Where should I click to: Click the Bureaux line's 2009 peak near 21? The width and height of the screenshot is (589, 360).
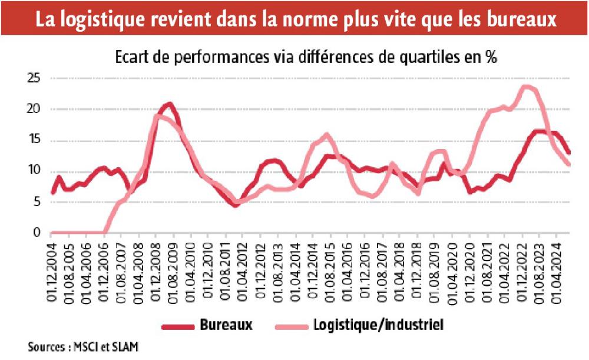pyautogui.click(x=169, y=104)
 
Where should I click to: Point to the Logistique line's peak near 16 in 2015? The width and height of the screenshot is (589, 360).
pyautogui.click(x=327, y=135)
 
